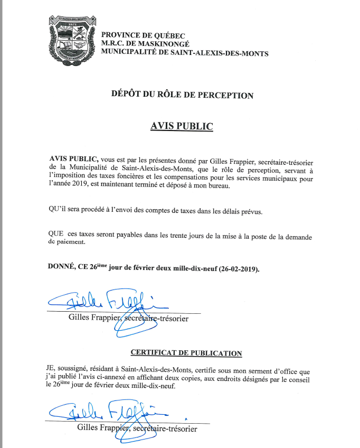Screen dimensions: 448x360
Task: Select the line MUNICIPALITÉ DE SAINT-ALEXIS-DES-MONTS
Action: pyautogui.click(x=184, y=53)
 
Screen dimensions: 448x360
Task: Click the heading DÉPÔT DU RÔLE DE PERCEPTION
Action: pyautogui.click(x=182, y=96)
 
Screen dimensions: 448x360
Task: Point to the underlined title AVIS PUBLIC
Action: pyautogui.click(x=182, y=127)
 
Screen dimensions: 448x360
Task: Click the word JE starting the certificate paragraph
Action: pyautogui.click(x=51, y=368)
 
